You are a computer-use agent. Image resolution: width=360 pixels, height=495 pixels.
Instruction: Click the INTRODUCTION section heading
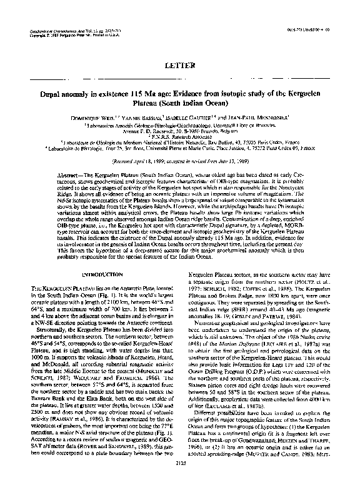100,273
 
